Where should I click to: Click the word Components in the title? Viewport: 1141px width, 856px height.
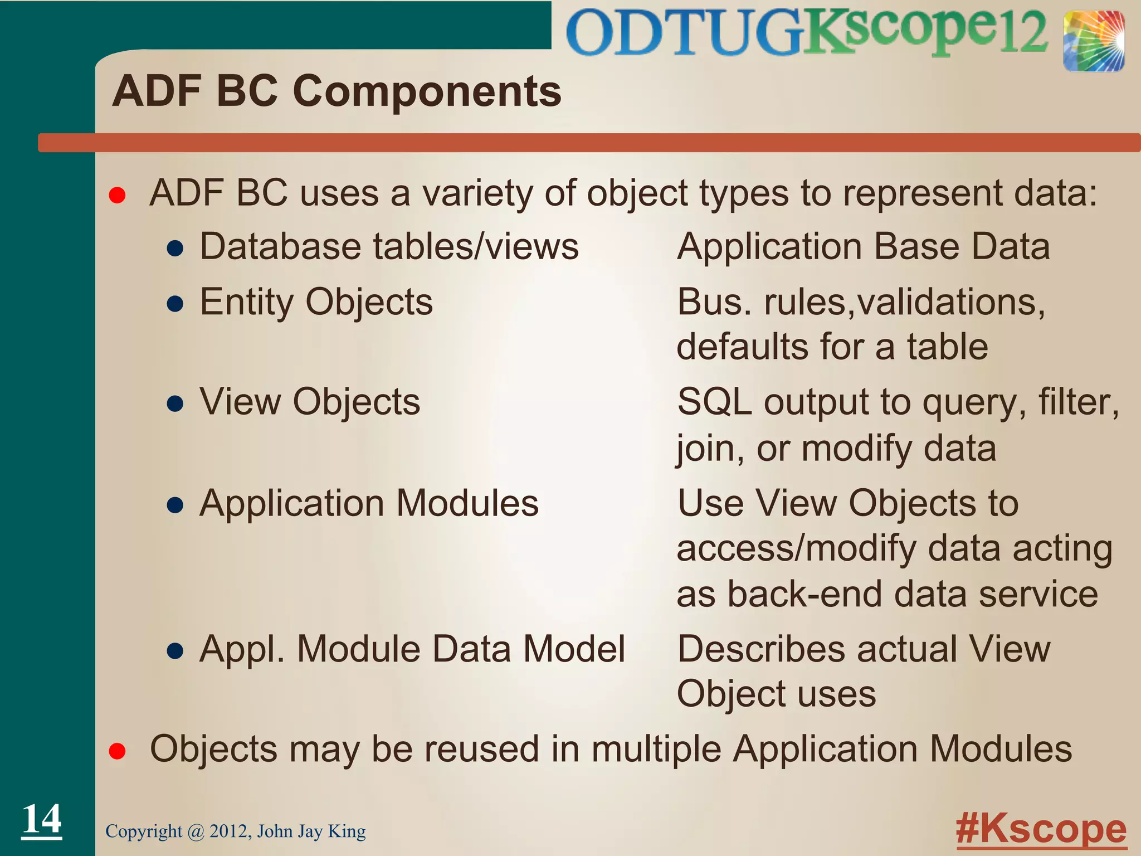click(427, 91)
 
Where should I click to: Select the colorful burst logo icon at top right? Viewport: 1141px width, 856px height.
click(1093, 42)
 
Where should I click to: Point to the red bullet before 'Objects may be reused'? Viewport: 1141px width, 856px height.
click(117, 751)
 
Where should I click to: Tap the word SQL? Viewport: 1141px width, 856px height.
click(714, 402)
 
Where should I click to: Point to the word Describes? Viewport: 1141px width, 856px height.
click(761, 649)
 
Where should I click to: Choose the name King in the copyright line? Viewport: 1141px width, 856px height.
click(347, 831)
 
